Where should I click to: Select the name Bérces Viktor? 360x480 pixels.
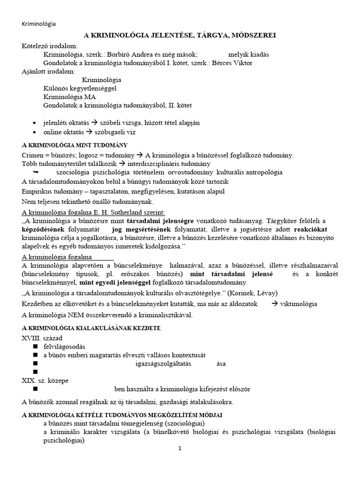coord(235,63)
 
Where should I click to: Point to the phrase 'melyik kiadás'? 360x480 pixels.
coord(248,54)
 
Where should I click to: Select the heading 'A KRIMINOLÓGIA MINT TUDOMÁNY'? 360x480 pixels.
coord(75,145)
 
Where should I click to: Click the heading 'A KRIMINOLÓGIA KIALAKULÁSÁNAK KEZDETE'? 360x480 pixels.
coord(91,327)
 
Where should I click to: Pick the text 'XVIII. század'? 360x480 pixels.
coord(42,337)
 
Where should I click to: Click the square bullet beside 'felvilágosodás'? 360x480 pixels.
coord(35,346)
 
